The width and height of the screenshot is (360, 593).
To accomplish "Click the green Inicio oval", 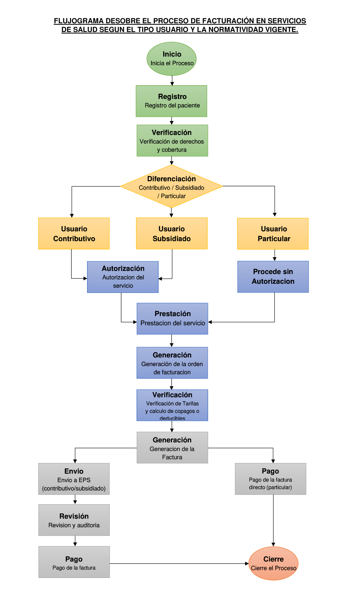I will [x=171, y=59].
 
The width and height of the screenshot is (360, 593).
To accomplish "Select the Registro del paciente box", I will [x=171, y=101].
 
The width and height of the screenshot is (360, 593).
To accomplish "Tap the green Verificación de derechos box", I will [x=172, y=140].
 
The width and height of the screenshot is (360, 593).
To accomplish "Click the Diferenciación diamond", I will [x=171, y=186].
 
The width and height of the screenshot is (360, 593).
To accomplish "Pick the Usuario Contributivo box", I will [x=74, y=233].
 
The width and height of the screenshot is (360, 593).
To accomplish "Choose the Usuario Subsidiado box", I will [x=172, y=233].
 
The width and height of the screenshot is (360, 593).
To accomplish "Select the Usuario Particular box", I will [x=273, y=233].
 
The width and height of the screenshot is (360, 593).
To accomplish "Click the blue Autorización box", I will [x=123, y=277].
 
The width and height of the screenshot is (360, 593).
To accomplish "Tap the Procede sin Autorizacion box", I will [x=273, y=277].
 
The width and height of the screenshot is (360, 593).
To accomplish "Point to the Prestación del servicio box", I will [x=172, y=319].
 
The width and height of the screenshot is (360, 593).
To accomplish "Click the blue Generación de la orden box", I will [x=172, y=363].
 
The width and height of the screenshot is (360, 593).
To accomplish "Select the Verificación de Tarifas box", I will [x=172, y=405].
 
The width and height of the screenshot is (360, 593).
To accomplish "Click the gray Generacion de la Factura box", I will [x=172, y=447].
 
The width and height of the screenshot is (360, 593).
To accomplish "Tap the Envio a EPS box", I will [x=74, y=479].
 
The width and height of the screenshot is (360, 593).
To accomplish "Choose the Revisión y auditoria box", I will [x=74, y=520].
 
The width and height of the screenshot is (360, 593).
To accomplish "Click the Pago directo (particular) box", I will [x=270, y=479].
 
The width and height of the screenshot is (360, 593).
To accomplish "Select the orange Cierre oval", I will [x=273, y=564].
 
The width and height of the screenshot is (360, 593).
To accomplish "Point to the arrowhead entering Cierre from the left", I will [x=247, y=564].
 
